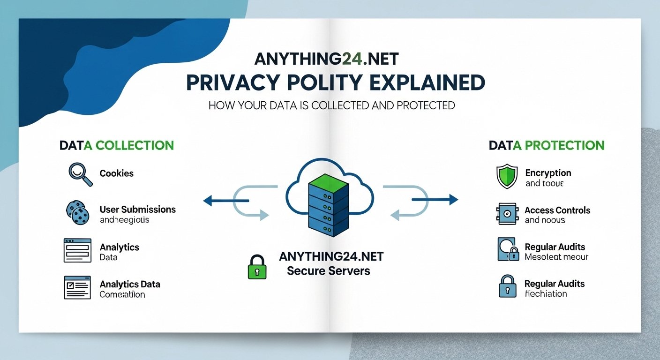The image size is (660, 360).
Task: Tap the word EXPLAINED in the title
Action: click(427, 82)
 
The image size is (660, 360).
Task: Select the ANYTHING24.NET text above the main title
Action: click(326, 59)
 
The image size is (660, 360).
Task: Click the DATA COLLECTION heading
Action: click(117, 145)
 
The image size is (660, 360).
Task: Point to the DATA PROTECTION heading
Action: click(547, 145)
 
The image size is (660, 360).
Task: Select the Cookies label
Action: click(117, 173)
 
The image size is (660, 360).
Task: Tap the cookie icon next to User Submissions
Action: click(76, 213)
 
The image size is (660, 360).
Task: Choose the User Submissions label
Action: click(137, 210)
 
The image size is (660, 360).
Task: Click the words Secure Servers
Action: click(328, 271)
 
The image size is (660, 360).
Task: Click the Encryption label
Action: click(548, 173)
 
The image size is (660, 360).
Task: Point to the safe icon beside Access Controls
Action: click(506, 214)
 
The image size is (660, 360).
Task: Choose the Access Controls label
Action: click(557, 210)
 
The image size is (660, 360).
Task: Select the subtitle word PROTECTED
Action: click(426, 105)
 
